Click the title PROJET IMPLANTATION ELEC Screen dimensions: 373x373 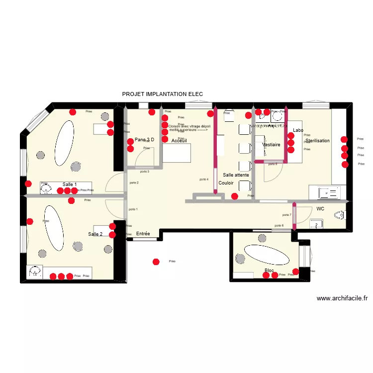point(162,94)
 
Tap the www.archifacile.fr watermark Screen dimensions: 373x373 point(342,298)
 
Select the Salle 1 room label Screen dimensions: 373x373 point(70,185)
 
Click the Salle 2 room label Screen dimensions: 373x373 point(95,234)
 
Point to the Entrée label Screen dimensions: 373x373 point(143,233)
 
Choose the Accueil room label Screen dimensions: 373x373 point(179,141)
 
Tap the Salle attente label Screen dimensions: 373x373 point(236,175)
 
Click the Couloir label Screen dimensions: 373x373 point(226,183)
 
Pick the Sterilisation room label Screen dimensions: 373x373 point(318,141)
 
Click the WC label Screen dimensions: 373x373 point(320,209)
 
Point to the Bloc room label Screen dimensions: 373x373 point(269,271)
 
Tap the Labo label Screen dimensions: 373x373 point(298,130)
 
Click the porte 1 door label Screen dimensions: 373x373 point(133,209)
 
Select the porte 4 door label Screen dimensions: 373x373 point(203,179)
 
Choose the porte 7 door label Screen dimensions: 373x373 point(286,215)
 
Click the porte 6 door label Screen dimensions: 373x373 point(279,226)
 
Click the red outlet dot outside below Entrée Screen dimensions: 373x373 point(156,261)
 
